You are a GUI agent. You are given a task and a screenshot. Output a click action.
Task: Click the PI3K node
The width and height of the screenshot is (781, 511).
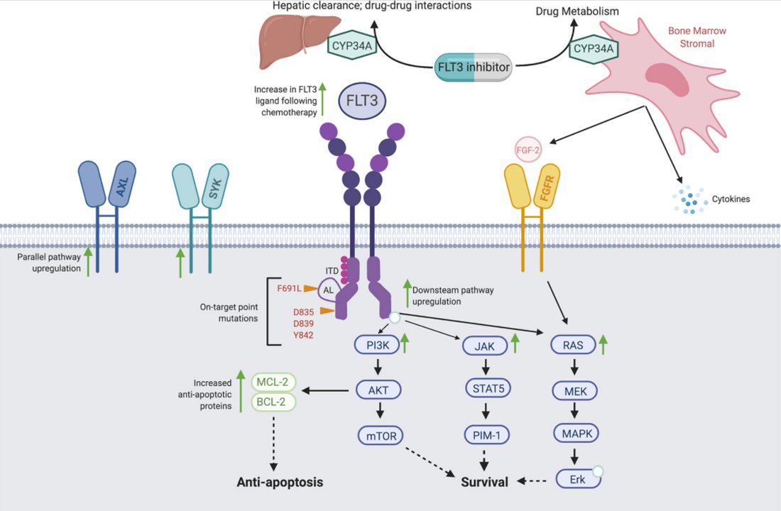pyautogui.click(x=378, y=346)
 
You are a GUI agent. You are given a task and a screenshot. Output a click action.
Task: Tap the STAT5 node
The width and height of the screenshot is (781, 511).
pyautogui.click(x=486, y=389)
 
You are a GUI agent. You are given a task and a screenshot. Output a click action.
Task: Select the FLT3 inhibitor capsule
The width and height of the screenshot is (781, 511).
pyautogui.click(x=474, y=68)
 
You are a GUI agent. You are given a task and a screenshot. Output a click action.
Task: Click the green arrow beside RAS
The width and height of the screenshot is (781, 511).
pyautogui.click(x=603, y=345)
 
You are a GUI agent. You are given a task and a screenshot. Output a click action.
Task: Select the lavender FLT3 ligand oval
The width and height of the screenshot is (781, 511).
pyautogui.click(x=362, y=99)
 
